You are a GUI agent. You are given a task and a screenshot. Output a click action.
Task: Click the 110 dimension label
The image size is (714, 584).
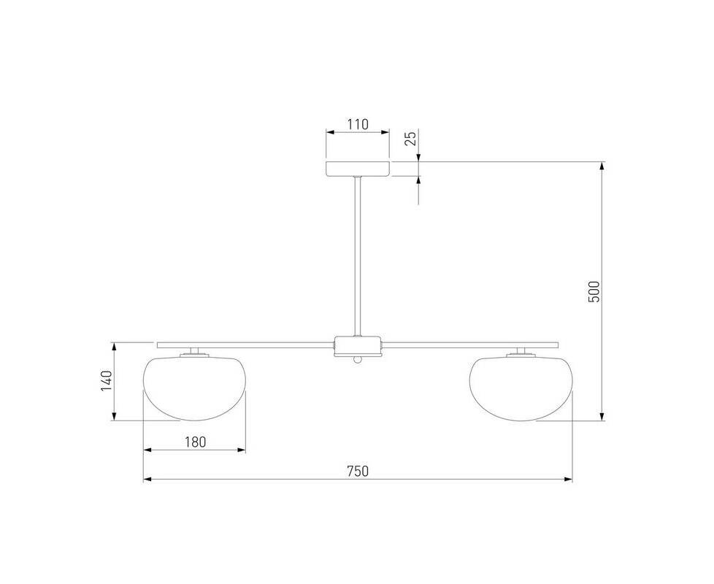358,124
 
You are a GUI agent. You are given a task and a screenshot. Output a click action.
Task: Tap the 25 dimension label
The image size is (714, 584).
411,139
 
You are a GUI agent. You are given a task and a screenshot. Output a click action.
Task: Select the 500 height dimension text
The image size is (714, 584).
594,291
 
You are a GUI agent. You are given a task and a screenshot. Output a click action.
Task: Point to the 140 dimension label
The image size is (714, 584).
106,381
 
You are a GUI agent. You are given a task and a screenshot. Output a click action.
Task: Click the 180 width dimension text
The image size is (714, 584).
196,442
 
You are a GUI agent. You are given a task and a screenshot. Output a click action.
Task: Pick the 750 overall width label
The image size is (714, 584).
358,471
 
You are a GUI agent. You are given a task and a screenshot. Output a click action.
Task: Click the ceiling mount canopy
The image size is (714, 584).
358,169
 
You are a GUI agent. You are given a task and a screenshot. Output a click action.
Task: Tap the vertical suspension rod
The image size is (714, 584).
358,257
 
